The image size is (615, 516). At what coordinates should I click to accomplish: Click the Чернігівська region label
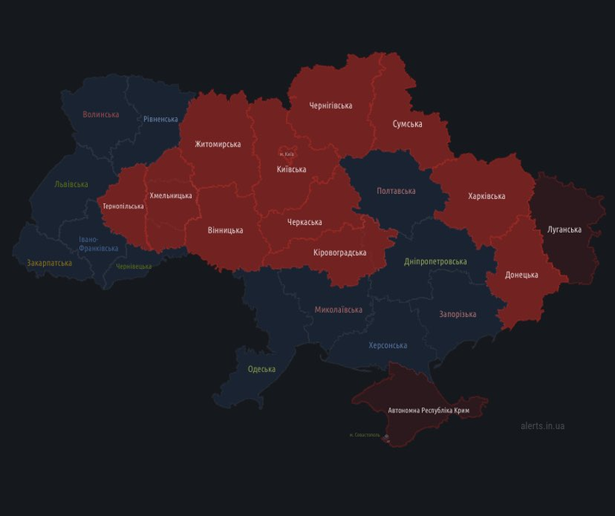coord(331,105)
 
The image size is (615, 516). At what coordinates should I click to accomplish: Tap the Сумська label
coord(407,124)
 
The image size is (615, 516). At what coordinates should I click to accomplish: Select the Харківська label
coord(487,196)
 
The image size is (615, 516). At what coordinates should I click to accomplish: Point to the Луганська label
coord(564,229)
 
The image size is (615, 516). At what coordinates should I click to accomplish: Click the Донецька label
coord(521,275)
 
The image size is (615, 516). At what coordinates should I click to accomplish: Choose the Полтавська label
coord(396,191)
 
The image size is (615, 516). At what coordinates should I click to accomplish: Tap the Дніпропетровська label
coord(436,261)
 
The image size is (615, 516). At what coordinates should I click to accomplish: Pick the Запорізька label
coord(457,314)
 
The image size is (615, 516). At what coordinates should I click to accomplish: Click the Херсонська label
coord(388,345)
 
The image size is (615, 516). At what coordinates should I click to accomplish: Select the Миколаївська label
coord(339,309)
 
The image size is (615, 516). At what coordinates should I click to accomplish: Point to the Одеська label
coord(262,369)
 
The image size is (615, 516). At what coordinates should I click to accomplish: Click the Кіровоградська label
coord(339,252)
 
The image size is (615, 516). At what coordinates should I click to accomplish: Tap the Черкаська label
coord(304,222)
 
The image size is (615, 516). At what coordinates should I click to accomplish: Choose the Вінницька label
coord(226,230)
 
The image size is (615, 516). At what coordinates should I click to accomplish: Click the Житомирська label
coord(218,144)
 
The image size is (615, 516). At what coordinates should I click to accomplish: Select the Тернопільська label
coord(123,207)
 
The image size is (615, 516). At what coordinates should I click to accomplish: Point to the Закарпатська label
coord(48,263)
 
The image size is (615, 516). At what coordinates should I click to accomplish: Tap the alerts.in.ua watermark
coord(543,426)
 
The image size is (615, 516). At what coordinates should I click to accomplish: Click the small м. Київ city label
coord(286,154)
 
